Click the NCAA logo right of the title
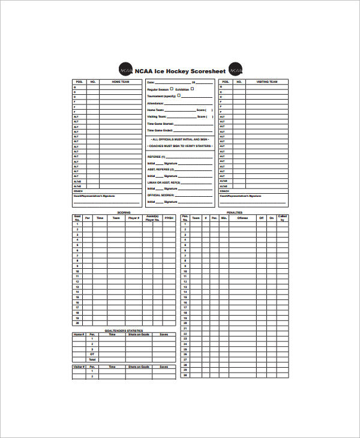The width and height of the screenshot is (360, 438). coord(236,70)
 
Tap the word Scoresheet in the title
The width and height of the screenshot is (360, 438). coord(205,71)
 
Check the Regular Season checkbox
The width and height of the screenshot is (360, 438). coord(172,88)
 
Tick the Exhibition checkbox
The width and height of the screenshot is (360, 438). coord(192,88)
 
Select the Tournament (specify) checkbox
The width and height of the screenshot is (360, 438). coord(179,95)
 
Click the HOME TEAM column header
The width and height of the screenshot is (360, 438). coord(121,82)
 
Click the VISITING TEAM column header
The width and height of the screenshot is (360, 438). coord(267,82)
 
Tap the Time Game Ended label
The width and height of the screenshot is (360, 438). coord(160,130)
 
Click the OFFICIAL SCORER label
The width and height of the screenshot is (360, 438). coord(161,195)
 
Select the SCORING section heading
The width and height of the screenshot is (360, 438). coord(124,213)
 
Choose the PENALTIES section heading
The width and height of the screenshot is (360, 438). coord(235,213)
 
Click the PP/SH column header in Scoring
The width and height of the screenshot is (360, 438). coord(169,218)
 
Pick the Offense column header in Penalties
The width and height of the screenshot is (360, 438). coord(242,218)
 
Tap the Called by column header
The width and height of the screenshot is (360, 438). coord(282,218)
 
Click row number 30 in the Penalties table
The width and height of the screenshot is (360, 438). coord(185,376)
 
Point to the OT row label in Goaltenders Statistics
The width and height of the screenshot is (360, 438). coord(92,354)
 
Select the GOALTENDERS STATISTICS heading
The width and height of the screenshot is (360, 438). coord(124,331)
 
